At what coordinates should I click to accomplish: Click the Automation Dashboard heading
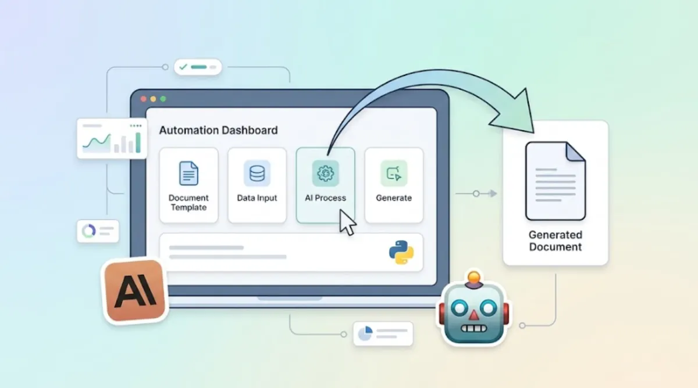tap(218, 130)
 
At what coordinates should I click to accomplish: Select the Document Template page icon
tap(188, 173)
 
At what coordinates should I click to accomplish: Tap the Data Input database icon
tap(257, 173)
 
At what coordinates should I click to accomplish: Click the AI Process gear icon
tap(325, 173)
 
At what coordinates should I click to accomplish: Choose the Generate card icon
tap(394, 173)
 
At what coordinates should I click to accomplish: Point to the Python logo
tap(401, 252)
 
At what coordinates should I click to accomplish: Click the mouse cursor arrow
tap(347, 222)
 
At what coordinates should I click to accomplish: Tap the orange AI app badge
tap(135, 292)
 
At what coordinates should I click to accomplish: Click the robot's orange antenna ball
tap(473, 277)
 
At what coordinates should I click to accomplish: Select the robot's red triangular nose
tap(474, 315)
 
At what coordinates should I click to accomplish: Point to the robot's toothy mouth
tap(473, 328)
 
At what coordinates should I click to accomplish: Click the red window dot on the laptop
tap(143, 99)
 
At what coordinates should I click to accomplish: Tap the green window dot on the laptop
tap(163, 99)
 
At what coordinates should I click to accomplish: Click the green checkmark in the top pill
tap(183, 67)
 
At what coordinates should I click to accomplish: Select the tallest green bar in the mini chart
tap(138, 142)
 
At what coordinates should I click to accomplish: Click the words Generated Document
tap(555, 240)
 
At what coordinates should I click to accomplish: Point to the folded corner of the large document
tap(575, 152)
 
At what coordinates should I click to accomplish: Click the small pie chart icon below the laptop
tap(365, 333)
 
